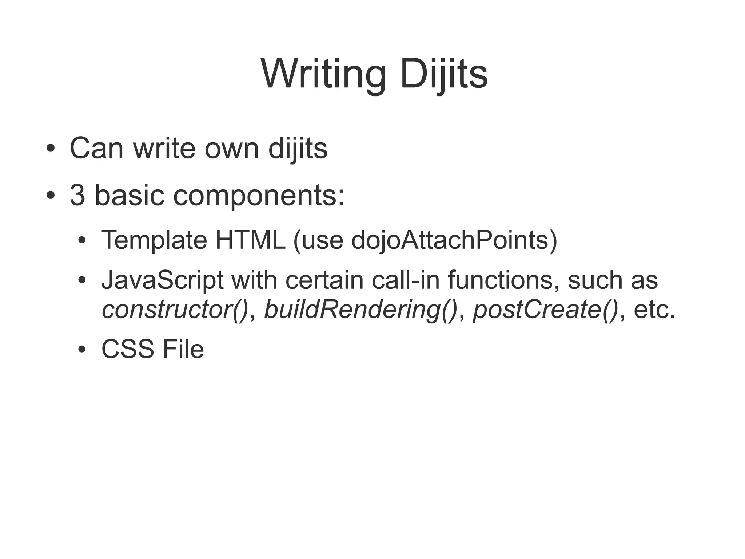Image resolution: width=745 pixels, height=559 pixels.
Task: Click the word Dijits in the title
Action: click(x=443, y=74)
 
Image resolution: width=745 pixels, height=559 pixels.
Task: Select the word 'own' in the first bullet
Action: click(x=232, y=149)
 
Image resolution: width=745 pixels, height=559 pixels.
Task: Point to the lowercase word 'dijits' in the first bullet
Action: click(x=298, y=149)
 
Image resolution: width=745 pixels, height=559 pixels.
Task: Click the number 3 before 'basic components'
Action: click(x=77, y=195)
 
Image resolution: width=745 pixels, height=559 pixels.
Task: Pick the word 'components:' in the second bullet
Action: click(x=259, y=196)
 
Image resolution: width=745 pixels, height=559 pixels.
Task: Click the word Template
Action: click(x=154, y=240)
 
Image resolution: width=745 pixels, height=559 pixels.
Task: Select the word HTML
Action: click(x=250, y=240)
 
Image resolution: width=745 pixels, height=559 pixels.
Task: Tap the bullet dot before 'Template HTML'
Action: click(x=82, y=240)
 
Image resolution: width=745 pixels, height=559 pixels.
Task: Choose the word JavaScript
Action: click(x=162, y=280)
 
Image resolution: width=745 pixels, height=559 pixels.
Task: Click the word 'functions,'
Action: click(x=504, y=280)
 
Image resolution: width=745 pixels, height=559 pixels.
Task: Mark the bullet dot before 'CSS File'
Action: click(x=82, y=350)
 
